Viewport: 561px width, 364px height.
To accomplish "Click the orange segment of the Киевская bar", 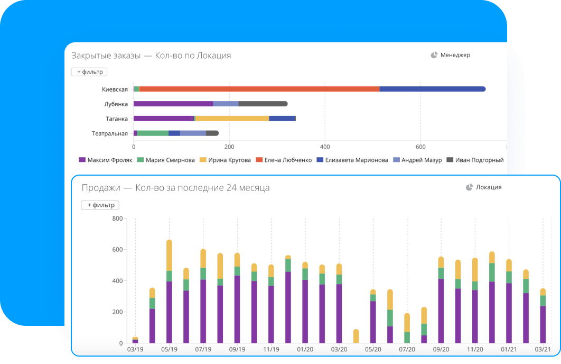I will point(259,89).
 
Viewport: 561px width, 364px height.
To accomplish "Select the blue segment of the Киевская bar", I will point(432,89).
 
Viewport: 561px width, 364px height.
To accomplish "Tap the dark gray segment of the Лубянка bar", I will point(263,104).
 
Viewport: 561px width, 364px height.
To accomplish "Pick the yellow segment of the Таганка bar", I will point(232,119).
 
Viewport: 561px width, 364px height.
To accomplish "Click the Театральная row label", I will point(110,133).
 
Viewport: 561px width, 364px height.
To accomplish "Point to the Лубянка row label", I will point(116,104).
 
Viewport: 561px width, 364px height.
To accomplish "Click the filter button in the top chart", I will point(89,72).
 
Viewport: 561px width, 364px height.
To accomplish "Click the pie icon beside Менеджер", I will point(434,55).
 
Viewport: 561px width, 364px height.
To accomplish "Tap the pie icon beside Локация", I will point(469,187).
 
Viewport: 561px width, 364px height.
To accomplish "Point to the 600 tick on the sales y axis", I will point(117,250).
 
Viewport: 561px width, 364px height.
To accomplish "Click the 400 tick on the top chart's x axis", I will point(325,147).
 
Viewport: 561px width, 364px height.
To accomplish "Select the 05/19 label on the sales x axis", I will point(169,350).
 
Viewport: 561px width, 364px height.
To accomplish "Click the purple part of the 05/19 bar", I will point(169,312).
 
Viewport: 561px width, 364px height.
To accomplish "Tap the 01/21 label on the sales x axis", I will point(509,350).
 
